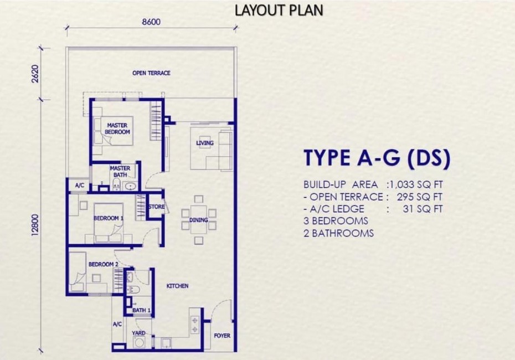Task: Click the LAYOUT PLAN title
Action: tap(279, 10)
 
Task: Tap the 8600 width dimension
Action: tap(151, 22)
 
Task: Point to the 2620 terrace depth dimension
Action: tap(36, 74)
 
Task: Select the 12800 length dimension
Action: tap(36, 225)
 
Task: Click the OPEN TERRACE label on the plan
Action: tap(151, 73)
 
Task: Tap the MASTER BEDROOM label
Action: tap(117, 128)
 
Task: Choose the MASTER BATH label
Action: tap(120, 172)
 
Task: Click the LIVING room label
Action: tap(205, 143)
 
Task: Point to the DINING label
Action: tap(198, 220)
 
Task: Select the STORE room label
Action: tap(156, 207)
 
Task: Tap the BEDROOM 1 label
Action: tap(109, 218)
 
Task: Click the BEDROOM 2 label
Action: tap(103, 264)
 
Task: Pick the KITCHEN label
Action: tap(177, 286)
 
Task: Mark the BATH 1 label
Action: tap(142, 310)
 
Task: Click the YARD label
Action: tap(138, 333)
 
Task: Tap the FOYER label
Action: tap(222, 336)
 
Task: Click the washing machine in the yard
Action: tap(139, 342)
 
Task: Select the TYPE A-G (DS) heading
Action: tap(377, 158)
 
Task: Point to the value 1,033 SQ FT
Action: tap(417, 184)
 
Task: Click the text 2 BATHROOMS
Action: tap(338, 233)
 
